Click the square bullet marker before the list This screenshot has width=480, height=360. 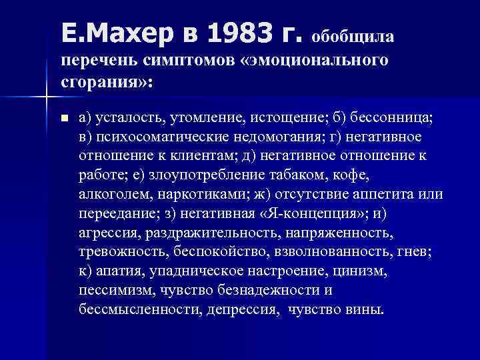[64, 119]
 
